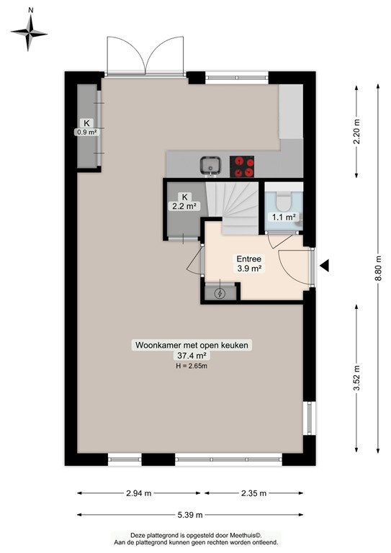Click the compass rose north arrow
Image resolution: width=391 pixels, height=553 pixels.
[x=30, y=31]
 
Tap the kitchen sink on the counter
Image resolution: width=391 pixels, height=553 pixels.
[x=210, y=165]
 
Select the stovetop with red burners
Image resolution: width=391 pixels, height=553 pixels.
[x=243, y=166]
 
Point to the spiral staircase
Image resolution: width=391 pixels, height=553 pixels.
[x=231, y=205]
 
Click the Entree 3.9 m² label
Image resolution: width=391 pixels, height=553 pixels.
[x=249, y=264]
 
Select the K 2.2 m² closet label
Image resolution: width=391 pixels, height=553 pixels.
[x=184, y=202]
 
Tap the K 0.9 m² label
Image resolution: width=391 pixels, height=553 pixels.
[x=87, y=127]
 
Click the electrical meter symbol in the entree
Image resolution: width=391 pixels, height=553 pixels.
[x=219, y=293]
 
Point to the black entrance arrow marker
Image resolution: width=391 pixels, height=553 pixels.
[x=324, y=266]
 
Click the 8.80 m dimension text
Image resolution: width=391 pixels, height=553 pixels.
[x=377, y=271]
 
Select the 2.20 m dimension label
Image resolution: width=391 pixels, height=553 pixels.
[x=357, y=132]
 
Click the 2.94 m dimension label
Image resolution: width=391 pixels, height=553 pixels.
[x=138, y=493]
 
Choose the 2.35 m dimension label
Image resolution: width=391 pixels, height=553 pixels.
[x=253, y=493]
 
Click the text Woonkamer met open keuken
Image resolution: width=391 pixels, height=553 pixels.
[x=192, y=346]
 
